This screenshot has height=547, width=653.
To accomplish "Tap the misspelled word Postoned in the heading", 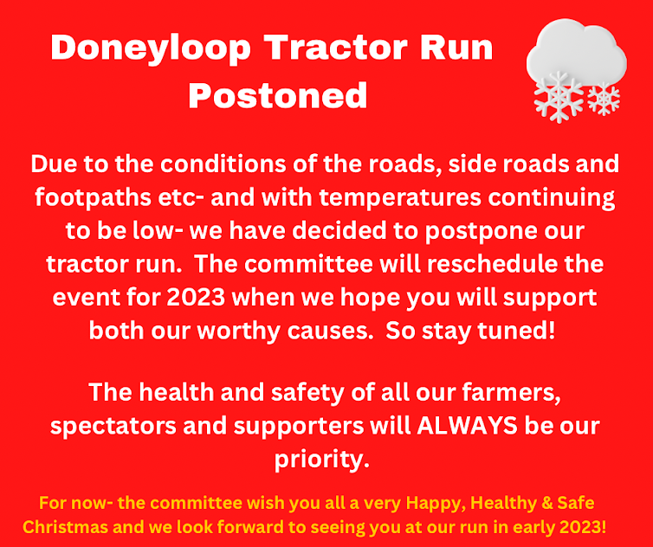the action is (278, 95).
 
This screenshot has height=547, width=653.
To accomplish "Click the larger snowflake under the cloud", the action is (559, 98).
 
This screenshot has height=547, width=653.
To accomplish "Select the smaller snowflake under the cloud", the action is (604, 99).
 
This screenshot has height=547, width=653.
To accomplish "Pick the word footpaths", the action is (93, 197).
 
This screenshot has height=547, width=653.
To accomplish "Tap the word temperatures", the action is (400, 197).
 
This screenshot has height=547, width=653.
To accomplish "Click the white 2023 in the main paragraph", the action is (196, 297).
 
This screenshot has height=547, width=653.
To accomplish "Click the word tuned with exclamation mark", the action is (516, 331).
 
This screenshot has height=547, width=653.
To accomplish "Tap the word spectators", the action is (113, 427).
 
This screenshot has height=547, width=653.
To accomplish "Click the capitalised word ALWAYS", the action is (468, 426).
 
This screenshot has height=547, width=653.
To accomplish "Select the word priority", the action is (322, 460).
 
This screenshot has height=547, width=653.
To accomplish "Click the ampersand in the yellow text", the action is (547, 503).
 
